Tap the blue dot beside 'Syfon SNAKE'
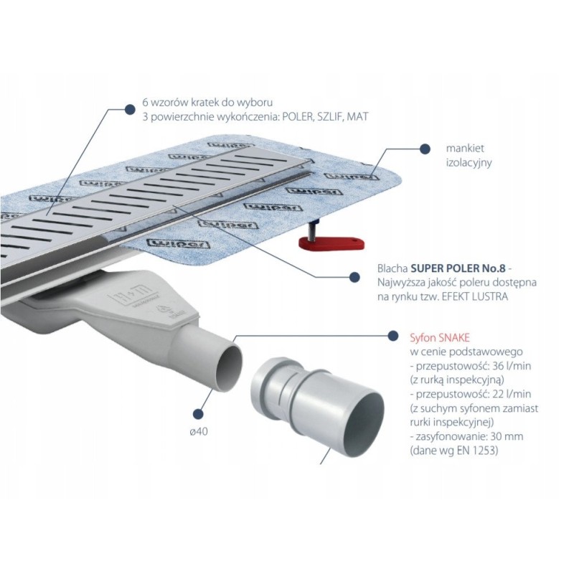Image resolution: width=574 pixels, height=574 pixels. [392, 336]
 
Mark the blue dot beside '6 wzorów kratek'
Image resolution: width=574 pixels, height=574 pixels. [129, 108]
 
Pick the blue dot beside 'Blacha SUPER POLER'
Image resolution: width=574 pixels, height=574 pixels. [353, 275]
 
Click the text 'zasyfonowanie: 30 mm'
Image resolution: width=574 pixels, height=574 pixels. [460, 436]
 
